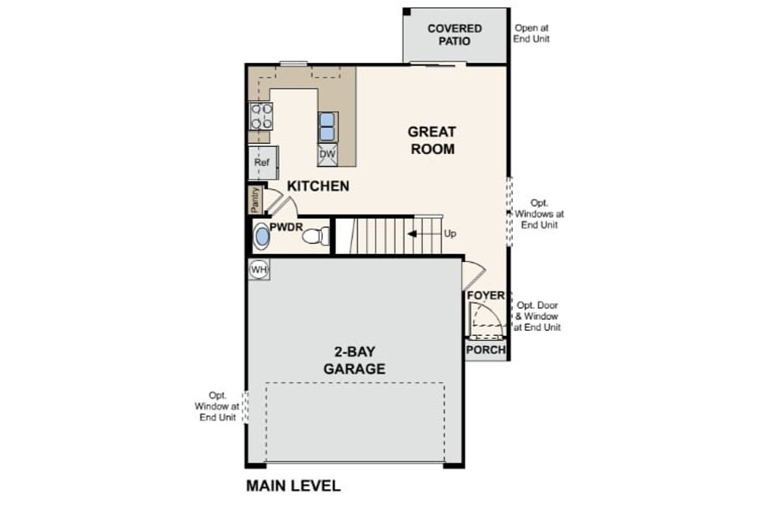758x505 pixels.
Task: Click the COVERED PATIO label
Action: tap(455, 35)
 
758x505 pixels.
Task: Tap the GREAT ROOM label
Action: tap(432, 140)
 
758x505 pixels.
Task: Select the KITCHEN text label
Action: tap(318, 186)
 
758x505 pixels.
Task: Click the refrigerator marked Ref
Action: tap(262, 162)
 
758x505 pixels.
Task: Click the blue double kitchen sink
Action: tap(327, 126)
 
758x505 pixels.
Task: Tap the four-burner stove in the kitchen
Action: tap(261, 115)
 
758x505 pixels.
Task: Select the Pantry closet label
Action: tap(255, 200)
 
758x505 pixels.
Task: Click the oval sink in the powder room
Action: tap(261, 237)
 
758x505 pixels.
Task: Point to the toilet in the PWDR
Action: tap(316, 236)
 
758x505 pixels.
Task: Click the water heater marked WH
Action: tap(259, 270)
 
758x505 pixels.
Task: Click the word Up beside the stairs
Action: tap(450, 234)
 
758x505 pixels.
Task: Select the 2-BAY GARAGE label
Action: tap(354, 361)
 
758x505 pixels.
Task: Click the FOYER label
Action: tap(485, 295)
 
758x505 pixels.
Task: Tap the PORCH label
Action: tap(486, 350)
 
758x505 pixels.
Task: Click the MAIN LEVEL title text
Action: tap(293, 486)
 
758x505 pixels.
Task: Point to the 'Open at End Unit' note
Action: tap(532, 33)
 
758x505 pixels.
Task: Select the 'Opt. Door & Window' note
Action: tap(537, 316)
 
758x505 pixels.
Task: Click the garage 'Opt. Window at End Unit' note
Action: tap(217, 406)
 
